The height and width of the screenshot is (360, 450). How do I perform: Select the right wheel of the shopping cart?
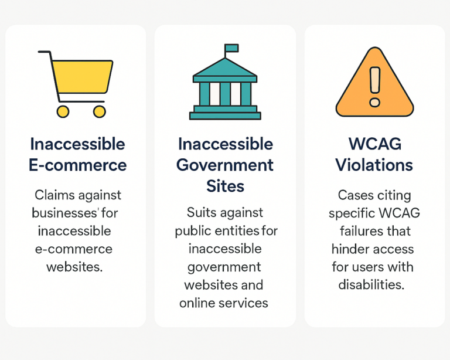(x=100, y=111)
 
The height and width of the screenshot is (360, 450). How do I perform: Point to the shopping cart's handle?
(x=44, y=53)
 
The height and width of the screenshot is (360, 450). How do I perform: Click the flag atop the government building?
(x=231, y=48)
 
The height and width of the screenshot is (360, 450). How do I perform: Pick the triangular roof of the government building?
(x=225, y=69)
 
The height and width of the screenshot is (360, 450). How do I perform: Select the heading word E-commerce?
(x=77, y=165)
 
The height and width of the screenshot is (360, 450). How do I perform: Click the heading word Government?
(x=225, y=165)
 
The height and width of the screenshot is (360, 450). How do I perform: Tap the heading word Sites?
(x=225, y=186)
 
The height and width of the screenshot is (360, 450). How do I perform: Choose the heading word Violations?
(x=374, y=165)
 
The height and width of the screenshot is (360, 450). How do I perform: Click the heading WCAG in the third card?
(x=374, y=144)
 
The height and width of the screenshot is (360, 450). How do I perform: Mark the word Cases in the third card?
(x=354, y=195)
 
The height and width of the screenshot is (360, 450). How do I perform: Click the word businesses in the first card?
(x=61, y=213)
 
